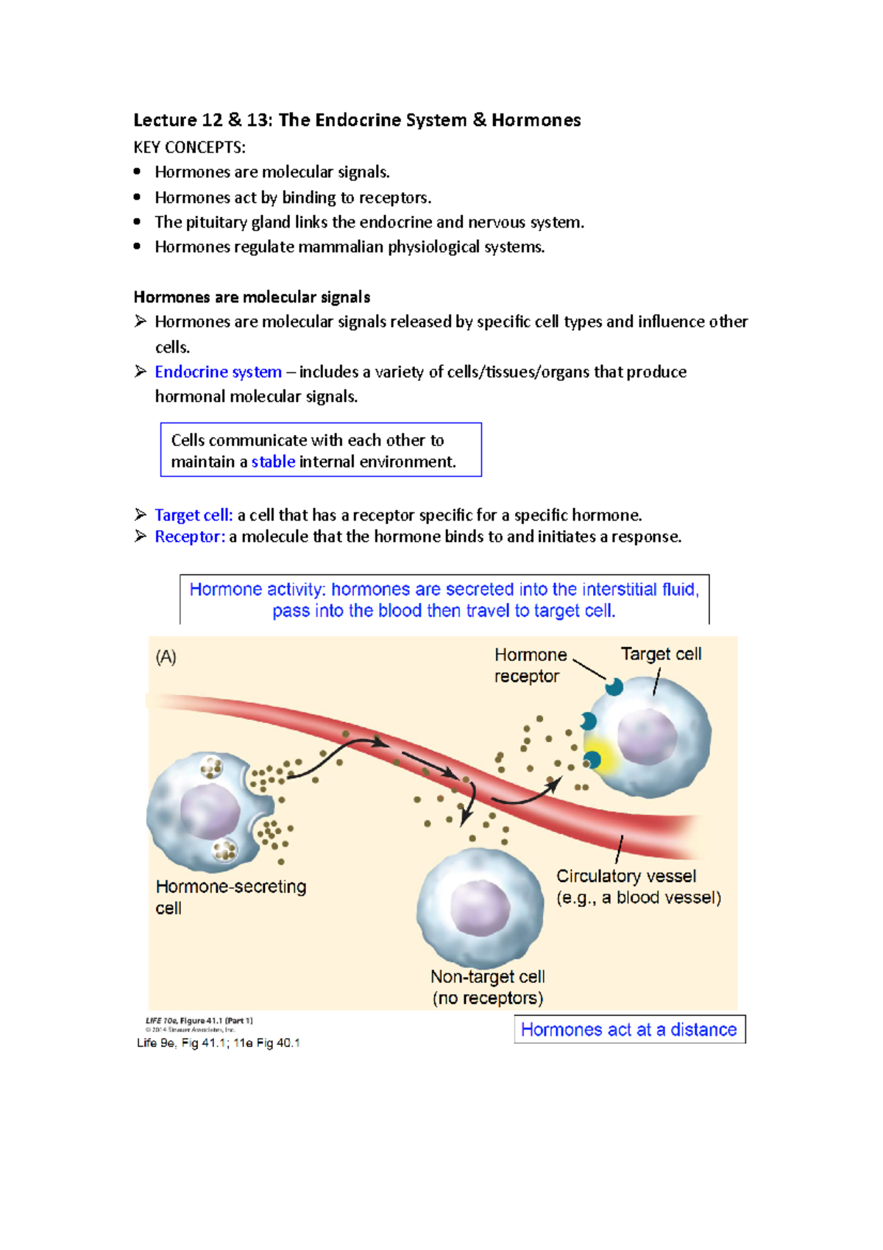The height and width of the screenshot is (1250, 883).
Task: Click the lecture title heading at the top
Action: [357, 120]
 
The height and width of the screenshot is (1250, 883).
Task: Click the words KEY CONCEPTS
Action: [189, 147]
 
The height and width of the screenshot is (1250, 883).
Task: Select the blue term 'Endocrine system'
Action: [218, 372]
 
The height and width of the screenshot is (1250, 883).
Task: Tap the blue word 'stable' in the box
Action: [273, 462]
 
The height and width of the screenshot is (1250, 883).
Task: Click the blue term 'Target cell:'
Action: [194, 515]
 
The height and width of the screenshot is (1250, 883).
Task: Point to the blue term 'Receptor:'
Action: [189, 537]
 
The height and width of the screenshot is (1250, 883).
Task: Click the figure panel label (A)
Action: [166, 657]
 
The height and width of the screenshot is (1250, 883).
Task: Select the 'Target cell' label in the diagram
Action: [661, 654]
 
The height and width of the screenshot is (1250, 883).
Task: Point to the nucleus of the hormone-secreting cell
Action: [210, 811]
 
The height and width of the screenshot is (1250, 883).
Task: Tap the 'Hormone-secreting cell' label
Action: [230, 897]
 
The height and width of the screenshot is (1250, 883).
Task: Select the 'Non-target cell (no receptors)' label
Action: [487, 987]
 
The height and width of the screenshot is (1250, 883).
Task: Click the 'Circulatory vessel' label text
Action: [626, 876]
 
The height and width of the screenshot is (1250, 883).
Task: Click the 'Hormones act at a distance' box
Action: [629, 1029]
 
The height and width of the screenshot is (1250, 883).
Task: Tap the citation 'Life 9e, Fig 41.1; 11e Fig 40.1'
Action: [218, 1042]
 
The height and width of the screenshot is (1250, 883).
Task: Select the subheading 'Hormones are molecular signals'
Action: [252, 297]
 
